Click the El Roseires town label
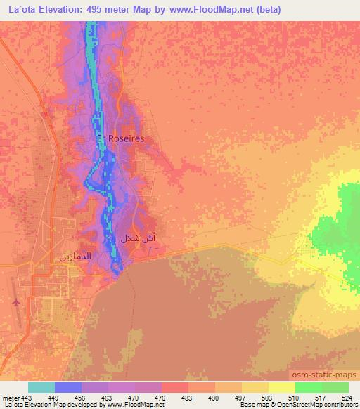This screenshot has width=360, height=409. point(120,138)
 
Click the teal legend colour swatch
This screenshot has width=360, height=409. point(41,388)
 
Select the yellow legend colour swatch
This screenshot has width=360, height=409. point(281,388)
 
